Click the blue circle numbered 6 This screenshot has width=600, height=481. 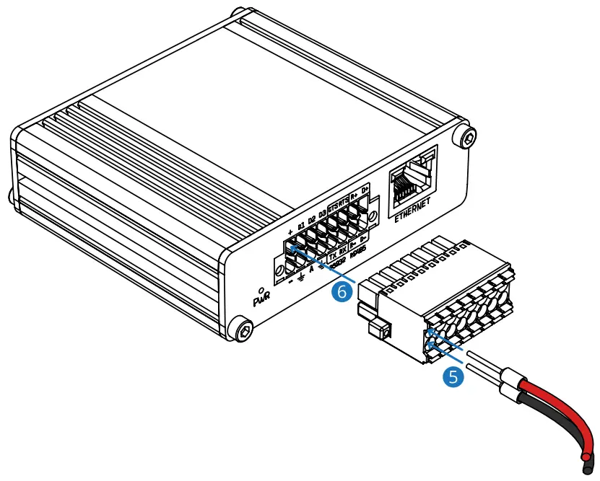(344, 291)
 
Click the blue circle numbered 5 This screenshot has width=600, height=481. (453, 376)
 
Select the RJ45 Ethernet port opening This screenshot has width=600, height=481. (410, 177)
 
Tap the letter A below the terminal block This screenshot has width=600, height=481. (311, 270)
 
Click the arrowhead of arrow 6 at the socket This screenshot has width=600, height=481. (292, 249)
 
